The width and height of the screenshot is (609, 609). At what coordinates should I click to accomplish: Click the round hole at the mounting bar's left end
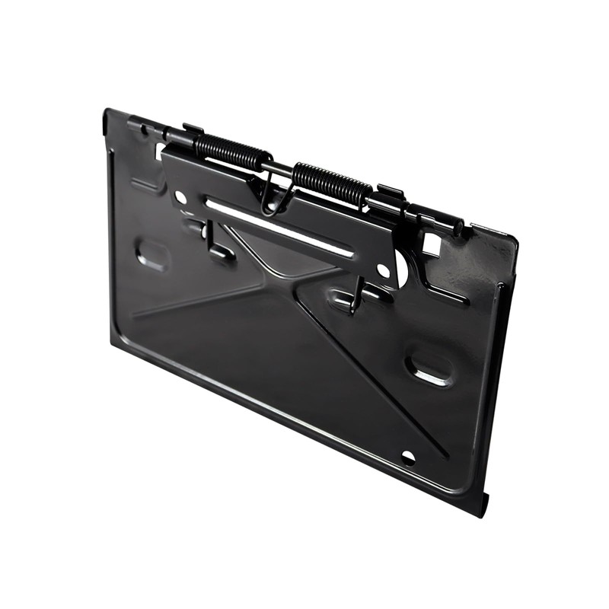(x=180, y=197)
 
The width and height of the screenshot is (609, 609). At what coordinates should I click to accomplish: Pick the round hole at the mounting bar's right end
(x=384, y=271)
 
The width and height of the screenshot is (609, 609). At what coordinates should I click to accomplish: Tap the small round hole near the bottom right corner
(x=408, y=458)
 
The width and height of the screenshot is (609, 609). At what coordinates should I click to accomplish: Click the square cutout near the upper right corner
(x=431, y=244)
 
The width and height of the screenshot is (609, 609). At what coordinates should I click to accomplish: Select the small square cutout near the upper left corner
(x=160, y=151)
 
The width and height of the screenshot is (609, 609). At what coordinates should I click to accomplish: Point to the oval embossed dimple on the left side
(x=153, y=254)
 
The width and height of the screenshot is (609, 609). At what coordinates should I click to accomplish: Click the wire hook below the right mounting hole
(x=356, y=299)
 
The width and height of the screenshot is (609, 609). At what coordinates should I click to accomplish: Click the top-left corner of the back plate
(x=106, y=112)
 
